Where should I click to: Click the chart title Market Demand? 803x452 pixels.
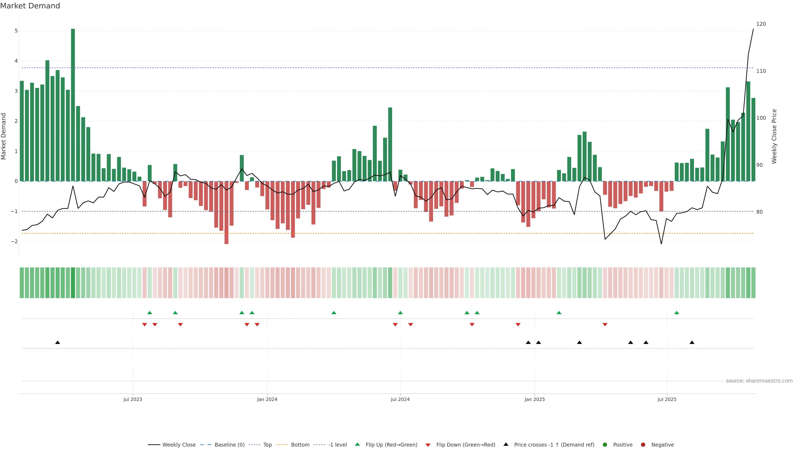(30, 6)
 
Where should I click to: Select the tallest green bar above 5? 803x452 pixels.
(73, 105)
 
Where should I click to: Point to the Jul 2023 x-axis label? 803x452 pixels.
(133, 399)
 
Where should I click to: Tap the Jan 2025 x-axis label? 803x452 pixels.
(535, 399)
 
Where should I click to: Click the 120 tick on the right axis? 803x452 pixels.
(761, 24)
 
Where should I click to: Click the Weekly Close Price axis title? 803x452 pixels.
(774, 136)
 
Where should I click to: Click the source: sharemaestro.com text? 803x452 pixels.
(759, 381)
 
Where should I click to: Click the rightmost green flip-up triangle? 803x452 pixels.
(676, 313)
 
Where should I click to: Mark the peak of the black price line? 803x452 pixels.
(753, 29)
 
